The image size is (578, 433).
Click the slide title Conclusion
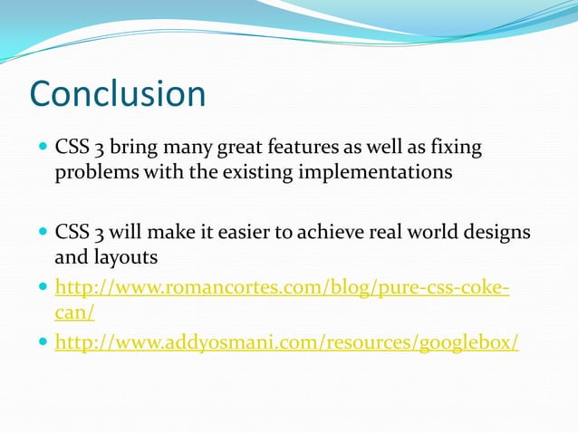[118, 94]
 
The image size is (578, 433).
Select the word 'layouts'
[125, 257]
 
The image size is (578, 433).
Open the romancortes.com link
[282, 288]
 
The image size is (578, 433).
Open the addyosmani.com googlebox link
[287, 343]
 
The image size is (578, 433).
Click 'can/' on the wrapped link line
[75, 313]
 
